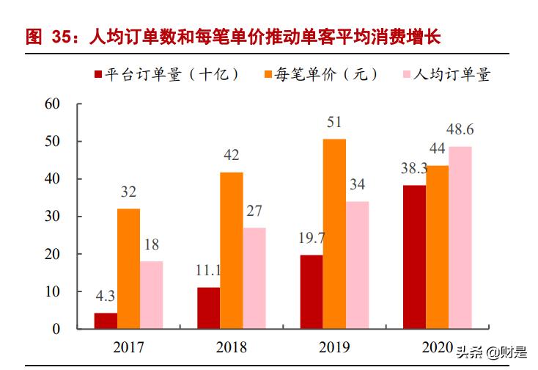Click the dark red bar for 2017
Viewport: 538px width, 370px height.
(106, 321)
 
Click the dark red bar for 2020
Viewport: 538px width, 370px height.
(414, 257)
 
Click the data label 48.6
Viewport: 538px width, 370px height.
(460, 130)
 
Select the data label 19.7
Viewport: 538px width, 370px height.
(311, 239)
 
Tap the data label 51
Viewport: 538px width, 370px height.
(334, 122)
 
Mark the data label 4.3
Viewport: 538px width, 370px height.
(106, 297)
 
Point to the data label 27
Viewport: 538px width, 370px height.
(254, 211)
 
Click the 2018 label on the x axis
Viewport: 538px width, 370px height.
(232, 347)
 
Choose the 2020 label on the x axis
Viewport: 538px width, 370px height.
(438, 347)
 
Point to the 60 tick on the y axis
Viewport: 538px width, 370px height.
(52, 104)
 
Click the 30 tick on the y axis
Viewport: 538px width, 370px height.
(52, 217)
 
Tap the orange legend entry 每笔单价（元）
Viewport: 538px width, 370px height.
(323, 74)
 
